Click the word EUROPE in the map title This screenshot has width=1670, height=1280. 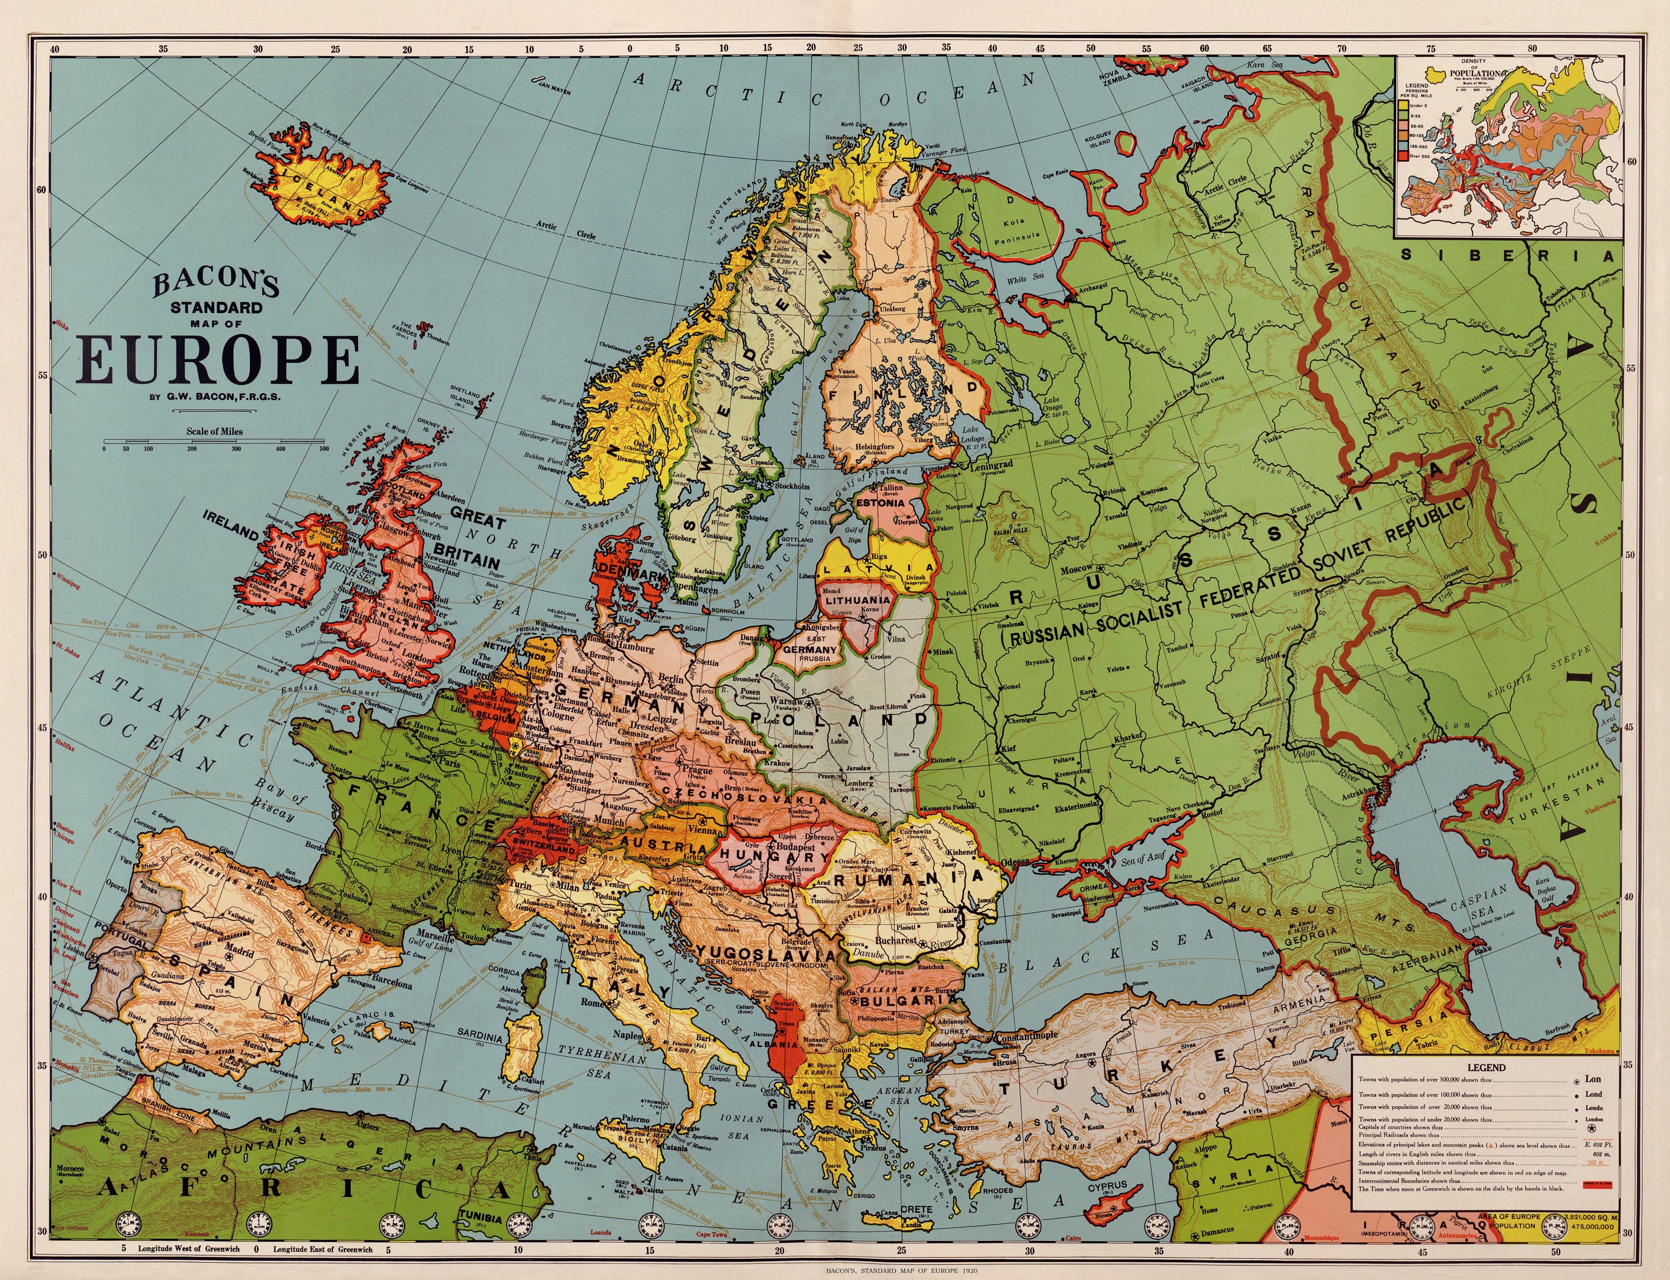219,360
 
